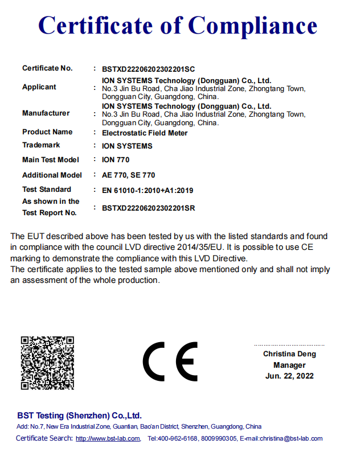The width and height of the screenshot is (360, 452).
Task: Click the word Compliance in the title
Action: pos(252,26)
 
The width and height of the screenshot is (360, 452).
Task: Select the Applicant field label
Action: pos(39,87)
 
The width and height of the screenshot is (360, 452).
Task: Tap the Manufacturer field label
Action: pos(46,113)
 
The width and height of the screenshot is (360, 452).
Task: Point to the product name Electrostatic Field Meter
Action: pos(144,133)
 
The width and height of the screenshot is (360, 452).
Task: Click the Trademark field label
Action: pos(41,145)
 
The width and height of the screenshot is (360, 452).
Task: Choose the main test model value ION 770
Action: pos(116,160)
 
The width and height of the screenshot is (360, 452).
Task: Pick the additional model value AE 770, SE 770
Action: pos(128,175)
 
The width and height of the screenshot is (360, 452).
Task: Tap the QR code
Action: pos(48,363)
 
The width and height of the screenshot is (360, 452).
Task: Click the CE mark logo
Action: pos(170,362)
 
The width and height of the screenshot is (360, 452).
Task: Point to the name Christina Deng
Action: pos(289,354)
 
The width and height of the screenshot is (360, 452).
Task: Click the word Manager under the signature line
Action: pos(289,365)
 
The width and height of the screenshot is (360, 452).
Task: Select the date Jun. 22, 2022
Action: pos(289,376)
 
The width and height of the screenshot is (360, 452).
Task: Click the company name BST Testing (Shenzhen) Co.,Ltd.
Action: pos(79,416)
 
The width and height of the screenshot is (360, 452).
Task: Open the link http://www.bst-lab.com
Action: pos(108,438)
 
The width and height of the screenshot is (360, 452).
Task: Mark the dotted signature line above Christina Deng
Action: pos(289,345)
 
